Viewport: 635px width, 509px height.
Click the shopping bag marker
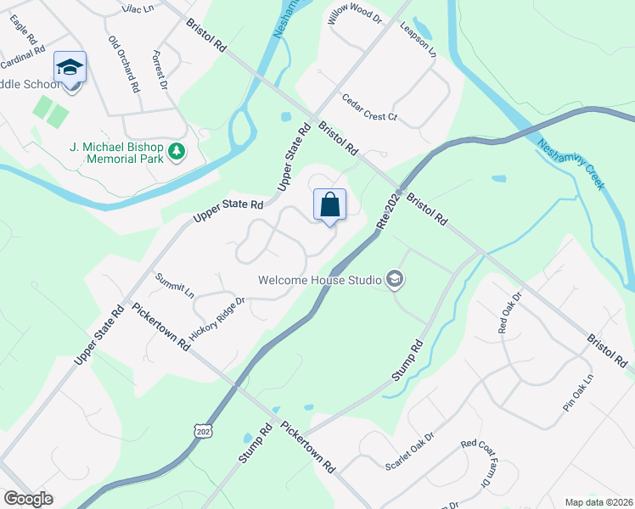329,206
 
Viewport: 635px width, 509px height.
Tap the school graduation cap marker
70,68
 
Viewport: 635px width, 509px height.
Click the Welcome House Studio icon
394,279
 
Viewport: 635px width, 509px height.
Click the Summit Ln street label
175,284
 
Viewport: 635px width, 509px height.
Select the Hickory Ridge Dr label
216,319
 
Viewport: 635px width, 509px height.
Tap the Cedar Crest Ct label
369,109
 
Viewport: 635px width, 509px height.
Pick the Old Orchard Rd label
123,64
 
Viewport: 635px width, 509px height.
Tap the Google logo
28,499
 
